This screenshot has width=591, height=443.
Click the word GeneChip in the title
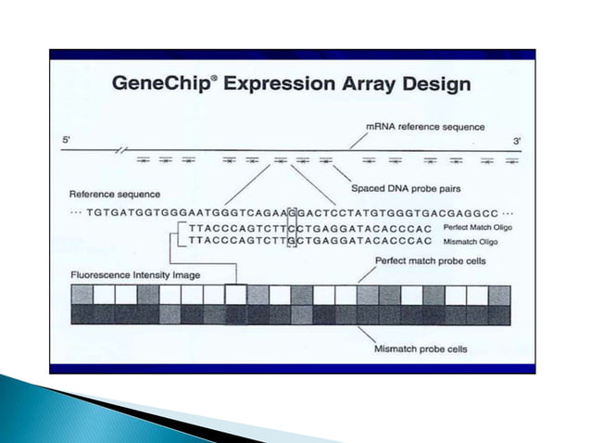point(161,83)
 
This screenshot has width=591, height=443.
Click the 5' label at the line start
point(66,140)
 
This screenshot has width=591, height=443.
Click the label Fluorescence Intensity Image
point(134,275)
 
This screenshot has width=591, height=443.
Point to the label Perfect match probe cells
point(430,261)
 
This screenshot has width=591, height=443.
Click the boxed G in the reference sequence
point(293,211)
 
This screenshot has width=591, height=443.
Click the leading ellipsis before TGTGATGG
point(76,212)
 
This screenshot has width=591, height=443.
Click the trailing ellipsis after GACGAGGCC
point(508,212)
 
